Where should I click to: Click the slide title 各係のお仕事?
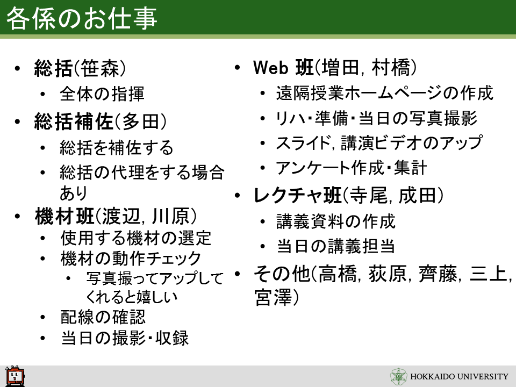(82, 18)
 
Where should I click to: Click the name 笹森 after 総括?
(99, 68)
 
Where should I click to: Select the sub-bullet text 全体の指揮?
(102, 94)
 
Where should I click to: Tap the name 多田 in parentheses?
(140, 121)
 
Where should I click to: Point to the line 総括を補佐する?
(117, 147)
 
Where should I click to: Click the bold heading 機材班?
(64, 216)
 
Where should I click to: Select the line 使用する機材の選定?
(135, 238)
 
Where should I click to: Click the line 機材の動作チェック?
(131, 259)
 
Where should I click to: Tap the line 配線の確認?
(103, 317)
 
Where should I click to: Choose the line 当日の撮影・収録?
(125, 338)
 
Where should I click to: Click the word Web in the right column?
(270, 68)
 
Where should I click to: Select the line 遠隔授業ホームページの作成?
(385, 93)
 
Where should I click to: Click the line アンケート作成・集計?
(352, 168)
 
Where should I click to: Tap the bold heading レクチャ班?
(298, 196)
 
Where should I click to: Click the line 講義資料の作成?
(335, 221)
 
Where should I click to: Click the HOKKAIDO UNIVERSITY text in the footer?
(460, 376)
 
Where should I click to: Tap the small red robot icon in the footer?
(15, 376)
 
